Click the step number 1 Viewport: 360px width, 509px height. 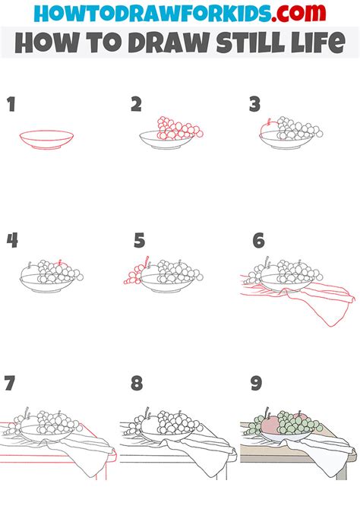(11, 104)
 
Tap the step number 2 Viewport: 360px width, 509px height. (137, 104)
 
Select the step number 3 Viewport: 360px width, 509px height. (255, 104)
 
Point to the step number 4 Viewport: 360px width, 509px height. (12, 241)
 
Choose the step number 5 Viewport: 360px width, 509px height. (139, 241)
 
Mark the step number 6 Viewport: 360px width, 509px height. (258, 241)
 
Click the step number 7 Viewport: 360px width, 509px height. (9, 383)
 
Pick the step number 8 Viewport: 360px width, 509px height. (137, 383)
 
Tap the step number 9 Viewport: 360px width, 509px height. (256, 383)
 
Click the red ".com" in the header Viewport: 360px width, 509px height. (298, 13)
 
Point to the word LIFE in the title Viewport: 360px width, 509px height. (317, 43)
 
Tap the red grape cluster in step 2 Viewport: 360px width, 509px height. (178, 129)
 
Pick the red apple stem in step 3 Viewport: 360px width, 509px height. (269, 122)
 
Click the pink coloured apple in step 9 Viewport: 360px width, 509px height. (270, 425)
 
